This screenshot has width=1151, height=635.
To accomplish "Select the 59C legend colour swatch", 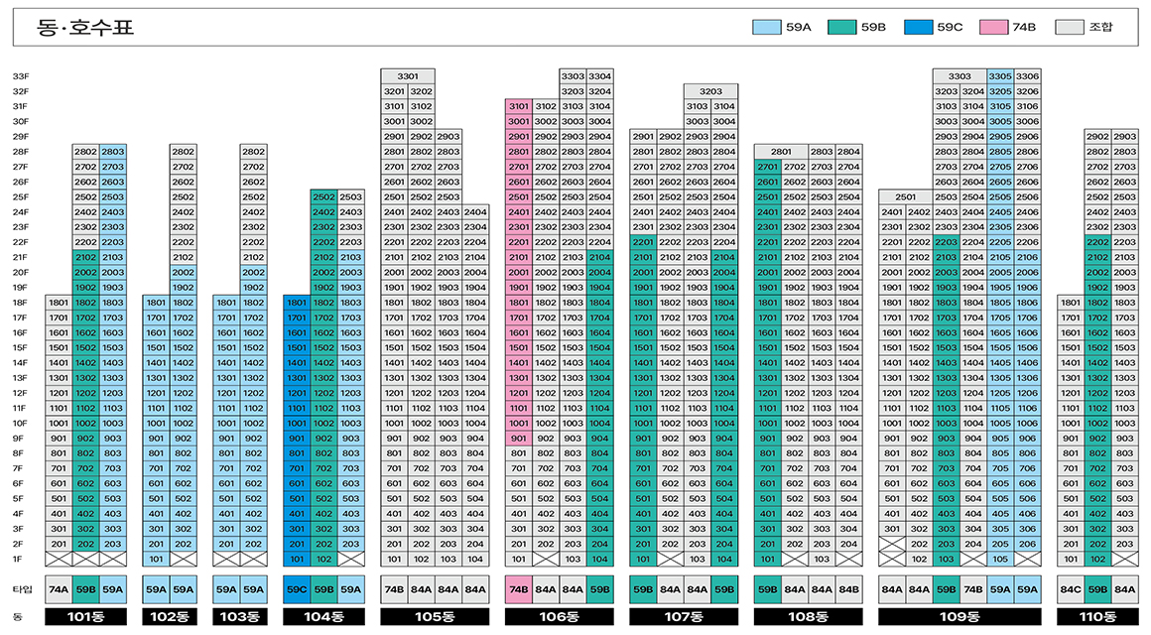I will [x=918, y=27].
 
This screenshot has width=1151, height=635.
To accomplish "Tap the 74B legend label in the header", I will [x=1023, y=27].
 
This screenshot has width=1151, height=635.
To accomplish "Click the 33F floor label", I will [x=21, y=76].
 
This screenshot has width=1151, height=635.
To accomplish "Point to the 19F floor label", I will [x=21, y=288].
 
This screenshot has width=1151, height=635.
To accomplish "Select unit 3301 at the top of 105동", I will [x=408, y=76].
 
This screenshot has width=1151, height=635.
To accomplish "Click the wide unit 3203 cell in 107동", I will [x=710, y=91].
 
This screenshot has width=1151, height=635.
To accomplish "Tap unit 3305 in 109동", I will [x=1000, y=76].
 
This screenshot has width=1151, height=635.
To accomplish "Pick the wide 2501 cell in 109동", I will [x=905, y=197].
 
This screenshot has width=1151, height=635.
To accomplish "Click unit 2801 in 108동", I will [x=781, y=152].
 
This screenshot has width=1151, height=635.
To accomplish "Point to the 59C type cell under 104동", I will [x=297, y=589].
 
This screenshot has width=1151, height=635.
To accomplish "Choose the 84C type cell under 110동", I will [x=1071, y=589].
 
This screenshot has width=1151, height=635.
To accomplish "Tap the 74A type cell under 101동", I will [x=60, y=589].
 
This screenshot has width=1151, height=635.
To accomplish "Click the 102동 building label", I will [x=169, y=617].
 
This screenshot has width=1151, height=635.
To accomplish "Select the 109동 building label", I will [x=959, y=617].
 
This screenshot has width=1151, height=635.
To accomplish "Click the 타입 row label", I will [x=21, y=589].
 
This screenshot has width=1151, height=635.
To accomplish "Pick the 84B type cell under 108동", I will [x=849, y=589].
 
